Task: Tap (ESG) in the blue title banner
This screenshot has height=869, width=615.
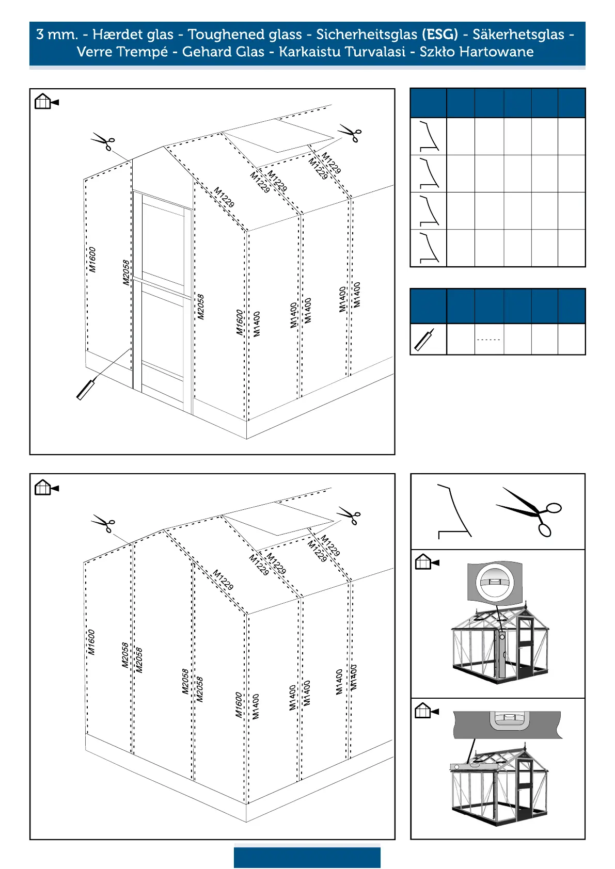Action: pos(439,35)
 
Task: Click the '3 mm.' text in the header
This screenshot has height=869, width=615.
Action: pos(57,35)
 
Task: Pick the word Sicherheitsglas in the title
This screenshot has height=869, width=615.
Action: pos(367,35)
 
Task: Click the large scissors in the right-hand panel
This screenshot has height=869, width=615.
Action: pos(529,511)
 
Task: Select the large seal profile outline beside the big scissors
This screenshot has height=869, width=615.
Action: pos(454,511)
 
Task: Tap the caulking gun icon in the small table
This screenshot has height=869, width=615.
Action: pos(424,340)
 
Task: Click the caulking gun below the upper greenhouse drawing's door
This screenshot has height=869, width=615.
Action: pos(86,389)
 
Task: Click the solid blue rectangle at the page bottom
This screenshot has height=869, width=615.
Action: pos(307,857)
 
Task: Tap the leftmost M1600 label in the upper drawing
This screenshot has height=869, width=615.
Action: pos(92,260)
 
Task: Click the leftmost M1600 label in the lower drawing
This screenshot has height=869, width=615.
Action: pos(91,642)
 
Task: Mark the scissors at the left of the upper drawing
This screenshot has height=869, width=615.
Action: pos(104,141)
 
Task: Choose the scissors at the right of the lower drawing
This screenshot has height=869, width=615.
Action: pos(350,516)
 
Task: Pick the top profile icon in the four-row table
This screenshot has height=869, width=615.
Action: pos(429,137)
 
